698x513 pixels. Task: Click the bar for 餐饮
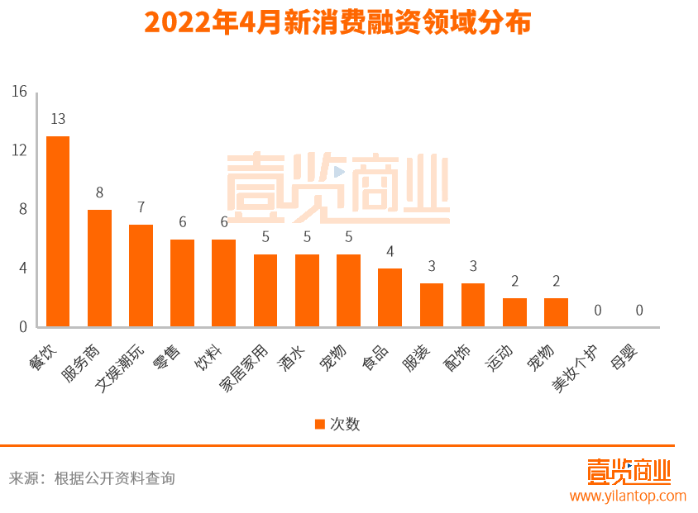(x=58, y=231)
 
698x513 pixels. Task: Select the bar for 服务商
(x=99, y=268)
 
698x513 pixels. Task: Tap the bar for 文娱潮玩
(x=141, y=276)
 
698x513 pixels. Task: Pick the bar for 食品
(x=390, y=297)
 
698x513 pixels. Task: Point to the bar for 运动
(x=514, y=312)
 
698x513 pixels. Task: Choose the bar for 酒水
(x=307, y=290)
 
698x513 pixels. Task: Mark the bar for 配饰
(x=473, y=305)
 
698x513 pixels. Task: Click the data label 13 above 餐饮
(x=58, y=119)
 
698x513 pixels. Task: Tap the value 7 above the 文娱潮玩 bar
(x=141, y=207)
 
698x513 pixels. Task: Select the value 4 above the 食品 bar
(x=390, y=251)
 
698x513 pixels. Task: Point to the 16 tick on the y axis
(x=20, y=92)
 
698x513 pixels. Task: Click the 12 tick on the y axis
(x=20, y=150)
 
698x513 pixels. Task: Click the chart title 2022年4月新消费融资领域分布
(x=337, y=22)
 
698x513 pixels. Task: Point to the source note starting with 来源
(x=92, y=478)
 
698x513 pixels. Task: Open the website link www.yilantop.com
(x=628, y=496)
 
